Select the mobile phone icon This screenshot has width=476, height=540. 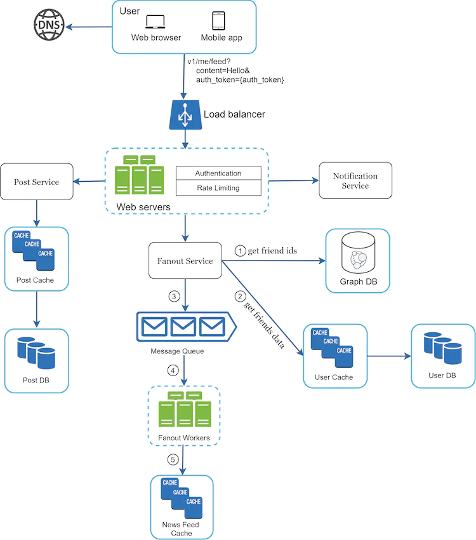click(218, 21)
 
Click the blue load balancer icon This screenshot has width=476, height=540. click(185, 115)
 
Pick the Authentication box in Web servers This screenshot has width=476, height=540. click(218, 173)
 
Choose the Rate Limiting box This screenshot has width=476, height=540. click(218, 188)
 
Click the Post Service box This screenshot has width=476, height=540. click(36, 182)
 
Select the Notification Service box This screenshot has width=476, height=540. click(355, 180)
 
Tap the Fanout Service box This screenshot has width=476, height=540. click(185, 260)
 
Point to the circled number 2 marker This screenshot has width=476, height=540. click(239, 296)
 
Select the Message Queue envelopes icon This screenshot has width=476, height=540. click(185, 327)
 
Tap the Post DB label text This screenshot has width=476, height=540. click(36, 380)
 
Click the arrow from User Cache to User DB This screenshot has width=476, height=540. click(389, 356)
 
